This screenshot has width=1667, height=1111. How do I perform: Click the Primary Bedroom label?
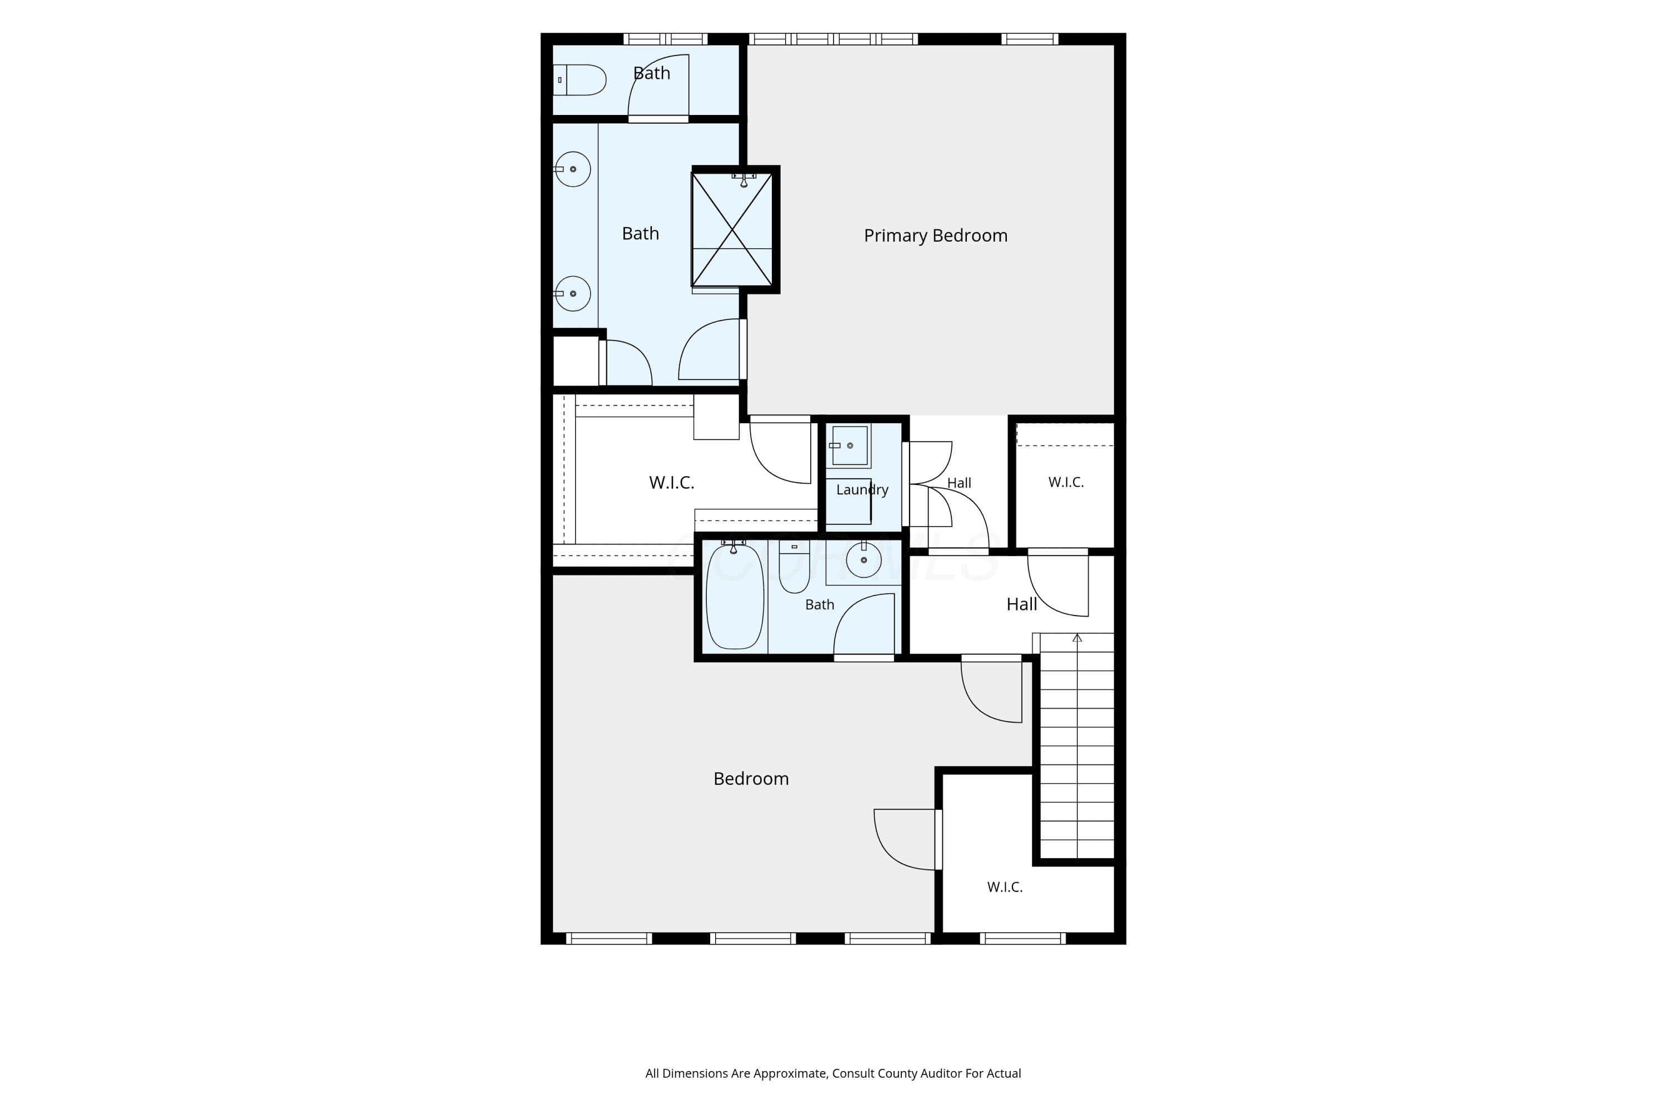point(936,236)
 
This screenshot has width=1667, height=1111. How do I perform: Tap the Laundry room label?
point(862,489)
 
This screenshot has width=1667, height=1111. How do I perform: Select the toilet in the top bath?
point(580,80)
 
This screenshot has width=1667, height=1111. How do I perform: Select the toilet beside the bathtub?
point(794,567)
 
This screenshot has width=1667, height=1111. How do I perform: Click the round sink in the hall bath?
point(864,560)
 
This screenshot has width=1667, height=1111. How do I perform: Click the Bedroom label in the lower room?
point(751,779)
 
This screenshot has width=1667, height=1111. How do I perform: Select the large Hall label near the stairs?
point(1022,604)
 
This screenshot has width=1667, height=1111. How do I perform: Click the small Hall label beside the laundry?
point(960,483)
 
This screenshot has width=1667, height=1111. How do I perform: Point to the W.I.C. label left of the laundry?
point(672,483)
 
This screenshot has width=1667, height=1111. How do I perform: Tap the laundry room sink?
point(850,446)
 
